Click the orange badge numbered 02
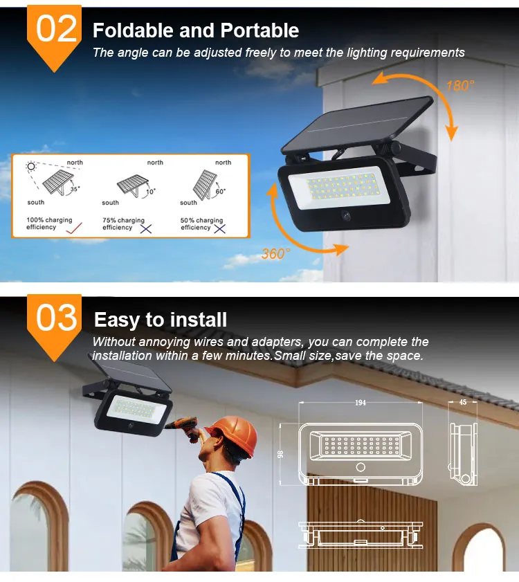point(54,33)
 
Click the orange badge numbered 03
point(54,323)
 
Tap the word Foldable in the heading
point(134,30)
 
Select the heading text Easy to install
point(161,320)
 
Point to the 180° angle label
point(460,86)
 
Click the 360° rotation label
point(275,254)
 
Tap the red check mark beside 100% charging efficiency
point(74,228)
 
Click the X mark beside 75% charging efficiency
point(146,229)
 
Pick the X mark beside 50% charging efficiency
point(220,229)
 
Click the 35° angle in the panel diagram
point(75,189)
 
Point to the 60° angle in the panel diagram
point(221,191)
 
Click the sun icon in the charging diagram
point(31,166)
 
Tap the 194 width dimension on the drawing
point(361,403)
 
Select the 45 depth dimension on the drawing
point(462,402)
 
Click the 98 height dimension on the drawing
point(281,454)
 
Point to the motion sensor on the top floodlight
point(347,216)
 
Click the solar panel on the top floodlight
point(356,125)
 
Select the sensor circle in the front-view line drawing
point(361,467)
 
